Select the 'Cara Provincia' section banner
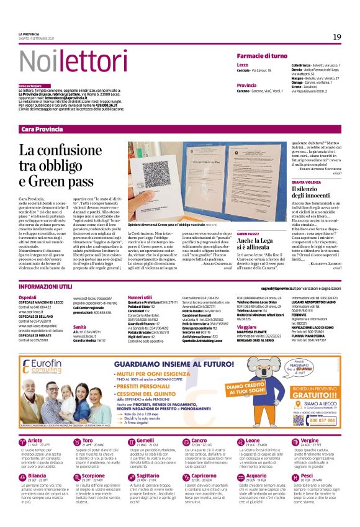(43, 128)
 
